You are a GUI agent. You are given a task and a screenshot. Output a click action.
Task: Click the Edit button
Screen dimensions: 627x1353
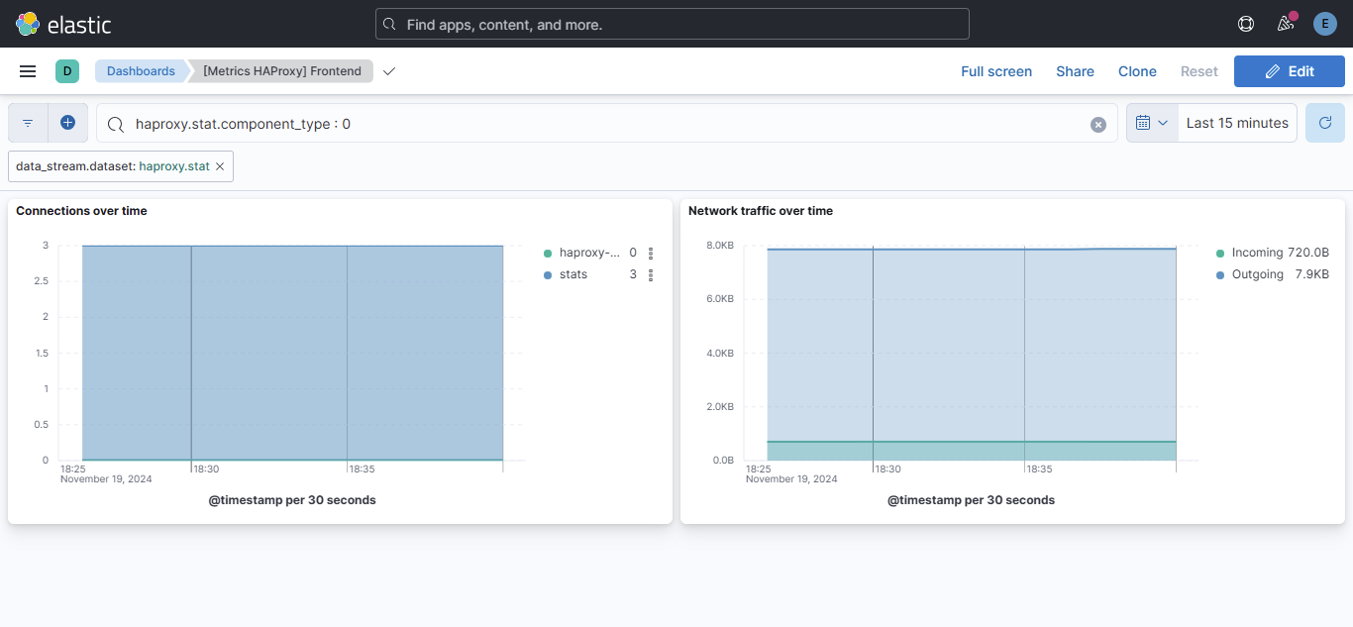[x=1289, y=71]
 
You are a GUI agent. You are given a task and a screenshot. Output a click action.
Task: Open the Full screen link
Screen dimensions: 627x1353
[x=995, y=71]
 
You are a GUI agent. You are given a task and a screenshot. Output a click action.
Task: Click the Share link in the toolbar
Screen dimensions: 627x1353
[x=1075, y=71]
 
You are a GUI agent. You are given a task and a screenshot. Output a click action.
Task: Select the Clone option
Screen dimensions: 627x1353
[x=1137, y=71]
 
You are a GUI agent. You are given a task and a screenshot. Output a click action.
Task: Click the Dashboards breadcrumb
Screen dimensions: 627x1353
[x=141, y=71]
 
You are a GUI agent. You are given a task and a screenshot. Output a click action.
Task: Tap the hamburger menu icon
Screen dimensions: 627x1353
[x=28, y=71]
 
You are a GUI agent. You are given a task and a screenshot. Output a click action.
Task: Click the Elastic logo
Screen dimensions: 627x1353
[x=63, y=24]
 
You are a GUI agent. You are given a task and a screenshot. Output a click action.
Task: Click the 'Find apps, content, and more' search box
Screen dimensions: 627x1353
[x=672, y=24]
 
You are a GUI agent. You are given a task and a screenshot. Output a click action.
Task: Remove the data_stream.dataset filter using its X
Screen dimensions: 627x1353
[x=220, y=166]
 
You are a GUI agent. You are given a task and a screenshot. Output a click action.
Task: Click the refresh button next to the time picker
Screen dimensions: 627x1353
[x=1324, y=123]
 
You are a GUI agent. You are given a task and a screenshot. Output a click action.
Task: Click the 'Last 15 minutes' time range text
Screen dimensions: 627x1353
[x=1237, y=123]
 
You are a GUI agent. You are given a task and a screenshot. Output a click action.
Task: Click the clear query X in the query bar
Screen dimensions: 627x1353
[x=1097, y=124]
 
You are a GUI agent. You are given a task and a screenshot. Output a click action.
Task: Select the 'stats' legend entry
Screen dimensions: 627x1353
[x=573, y=274]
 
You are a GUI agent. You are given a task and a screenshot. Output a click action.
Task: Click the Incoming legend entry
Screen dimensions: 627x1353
[x=1256, y=253]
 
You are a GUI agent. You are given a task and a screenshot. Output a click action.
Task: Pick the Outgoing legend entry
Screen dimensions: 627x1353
[x=1257, y=274]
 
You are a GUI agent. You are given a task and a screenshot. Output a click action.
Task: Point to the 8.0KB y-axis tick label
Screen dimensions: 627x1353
[x=719, y=245]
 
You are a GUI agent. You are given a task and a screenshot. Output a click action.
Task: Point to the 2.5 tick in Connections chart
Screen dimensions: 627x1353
[x=40, y=281]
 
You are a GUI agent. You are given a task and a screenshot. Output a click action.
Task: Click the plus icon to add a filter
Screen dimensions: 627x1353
[x=67, y=123]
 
